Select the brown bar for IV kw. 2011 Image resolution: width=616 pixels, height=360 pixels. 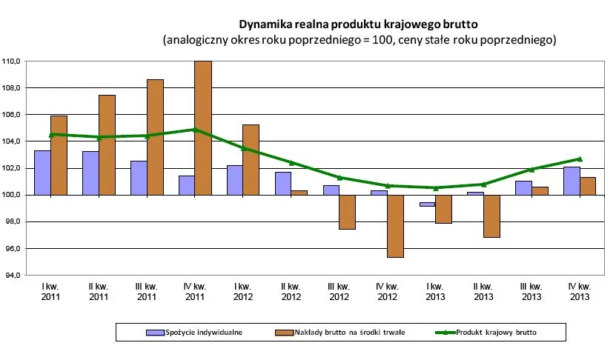[202, 127]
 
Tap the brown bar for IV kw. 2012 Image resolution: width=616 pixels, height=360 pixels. [395, 226]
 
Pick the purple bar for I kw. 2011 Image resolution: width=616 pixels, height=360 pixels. [42, 173]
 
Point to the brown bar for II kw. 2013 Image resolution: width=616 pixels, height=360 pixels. [491, 216]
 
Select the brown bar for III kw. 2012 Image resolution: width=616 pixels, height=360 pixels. [347, 212]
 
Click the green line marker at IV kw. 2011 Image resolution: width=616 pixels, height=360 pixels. [193, 130]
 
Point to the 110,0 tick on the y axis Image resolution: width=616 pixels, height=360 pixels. [13, 61]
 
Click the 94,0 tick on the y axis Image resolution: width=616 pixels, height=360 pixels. [13, 276]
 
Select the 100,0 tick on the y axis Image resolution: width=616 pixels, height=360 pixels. [13, 195]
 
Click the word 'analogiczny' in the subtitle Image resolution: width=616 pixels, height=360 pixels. [196, 39]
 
